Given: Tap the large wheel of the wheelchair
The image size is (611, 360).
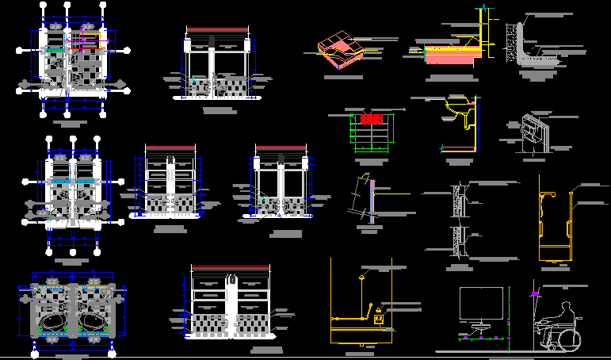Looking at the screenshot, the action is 570,339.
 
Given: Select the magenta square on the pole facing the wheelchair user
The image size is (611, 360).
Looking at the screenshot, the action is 536,294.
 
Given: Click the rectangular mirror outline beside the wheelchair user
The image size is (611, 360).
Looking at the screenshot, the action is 481,304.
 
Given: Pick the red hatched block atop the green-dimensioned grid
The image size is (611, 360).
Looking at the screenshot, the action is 371,119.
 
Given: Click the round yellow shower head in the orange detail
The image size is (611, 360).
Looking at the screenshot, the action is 362,278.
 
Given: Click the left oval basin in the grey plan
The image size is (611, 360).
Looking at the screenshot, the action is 53,320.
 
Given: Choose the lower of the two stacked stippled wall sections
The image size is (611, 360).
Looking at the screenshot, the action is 458,240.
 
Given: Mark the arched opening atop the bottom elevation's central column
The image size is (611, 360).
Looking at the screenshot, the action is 232,281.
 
